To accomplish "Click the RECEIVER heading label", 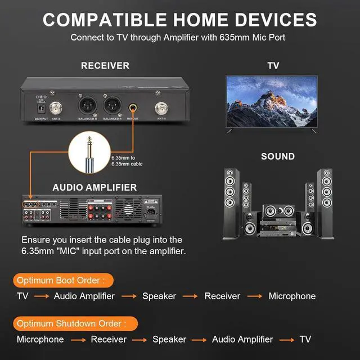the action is tap(105, 66).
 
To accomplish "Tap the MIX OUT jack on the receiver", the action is tap(133, 105).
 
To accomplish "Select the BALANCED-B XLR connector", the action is tap(87, 105).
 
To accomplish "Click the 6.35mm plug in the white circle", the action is tap(90, 152).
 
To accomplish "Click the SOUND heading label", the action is tap(277, 156).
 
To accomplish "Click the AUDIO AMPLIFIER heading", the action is tap(94, 187).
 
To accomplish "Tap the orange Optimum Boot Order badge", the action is tap(62, 280).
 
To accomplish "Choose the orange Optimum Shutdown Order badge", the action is tap(76, 323).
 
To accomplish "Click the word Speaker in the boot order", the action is tap(159, 296).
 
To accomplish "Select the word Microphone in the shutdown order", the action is tap(40, 339).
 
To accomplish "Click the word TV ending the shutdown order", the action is tap(305, 339).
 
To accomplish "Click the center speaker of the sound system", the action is tap(278, 211).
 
